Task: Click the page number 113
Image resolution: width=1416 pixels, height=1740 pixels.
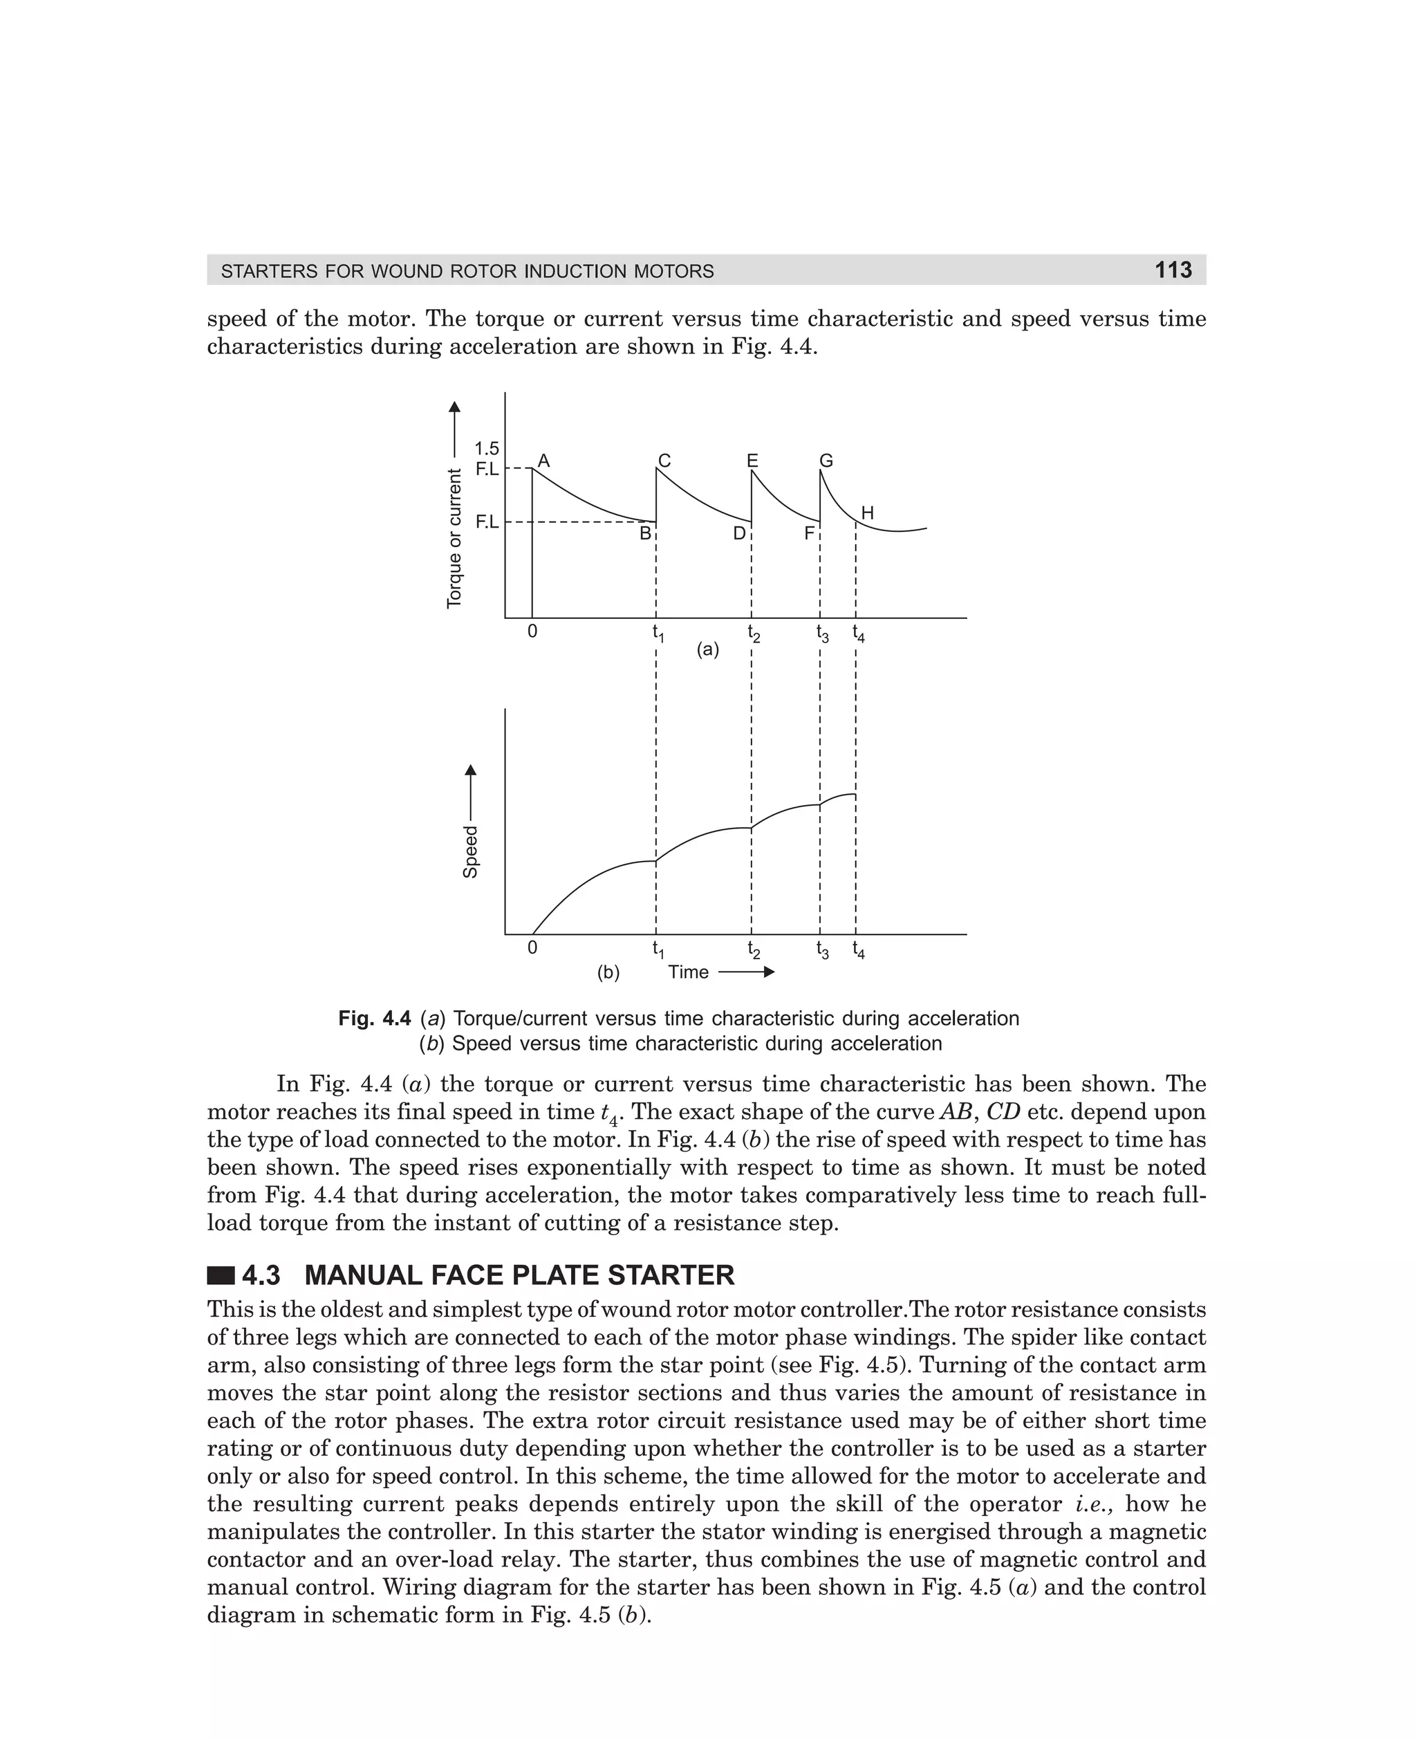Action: (x=1173, y=270)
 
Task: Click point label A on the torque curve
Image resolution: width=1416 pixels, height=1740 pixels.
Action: (x=544, y=461)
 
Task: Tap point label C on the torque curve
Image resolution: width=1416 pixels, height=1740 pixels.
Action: (x=664, y=461)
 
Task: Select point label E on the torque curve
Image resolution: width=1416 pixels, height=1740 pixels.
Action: (x=752, y=461)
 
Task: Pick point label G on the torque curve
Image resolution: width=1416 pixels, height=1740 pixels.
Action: (x=826, y=461)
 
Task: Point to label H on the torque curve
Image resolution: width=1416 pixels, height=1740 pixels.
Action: (x=868, y=513)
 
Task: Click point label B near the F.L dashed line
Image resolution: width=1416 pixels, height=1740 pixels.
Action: (x=645, y=533)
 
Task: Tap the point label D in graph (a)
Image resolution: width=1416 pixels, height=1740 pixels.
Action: (x=739, y=533)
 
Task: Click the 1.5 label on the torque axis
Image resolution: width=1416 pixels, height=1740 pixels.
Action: (x=487, y=449)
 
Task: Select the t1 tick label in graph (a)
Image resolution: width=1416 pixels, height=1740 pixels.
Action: (x=658, y=633)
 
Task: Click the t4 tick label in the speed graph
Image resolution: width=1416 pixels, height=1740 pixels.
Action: (x=859, y=950)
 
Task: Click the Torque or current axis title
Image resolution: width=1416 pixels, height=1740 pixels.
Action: (x=454, y=539)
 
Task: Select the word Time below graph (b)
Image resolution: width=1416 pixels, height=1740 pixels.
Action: (x=689, y=972)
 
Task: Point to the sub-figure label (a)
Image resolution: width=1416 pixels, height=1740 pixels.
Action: (x=707, y=649)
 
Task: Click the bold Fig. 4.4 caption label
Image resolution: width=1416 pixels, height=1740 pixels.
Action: (x=374, y=1019)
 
